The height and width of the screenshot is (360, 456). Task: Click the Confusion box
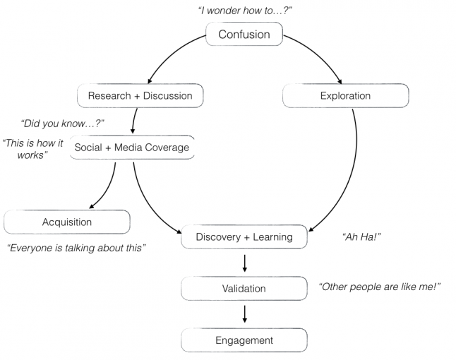coord(244,35)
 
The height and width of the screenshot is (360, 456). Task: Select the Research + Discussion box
coord(140,95)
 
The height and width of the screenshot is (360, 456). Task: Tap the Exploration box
coord(344,95)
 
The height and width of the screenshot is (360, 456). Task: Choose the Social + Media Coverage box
coord(131,148)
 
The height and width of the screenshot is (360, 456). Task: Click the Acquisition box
coord(68,222)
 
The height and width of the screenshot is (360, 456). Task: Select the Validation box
coord(244,288)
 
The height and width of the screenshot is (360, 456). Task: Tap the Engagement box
coord(244,340)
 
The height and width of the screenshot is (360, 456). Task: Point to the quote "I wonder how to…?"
coord(244,10)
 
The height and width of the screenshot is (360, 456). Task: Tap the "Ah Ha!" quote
coord(361,236)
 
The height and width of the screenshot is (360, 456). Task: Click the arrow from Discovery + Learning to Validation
coord(244,263)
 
